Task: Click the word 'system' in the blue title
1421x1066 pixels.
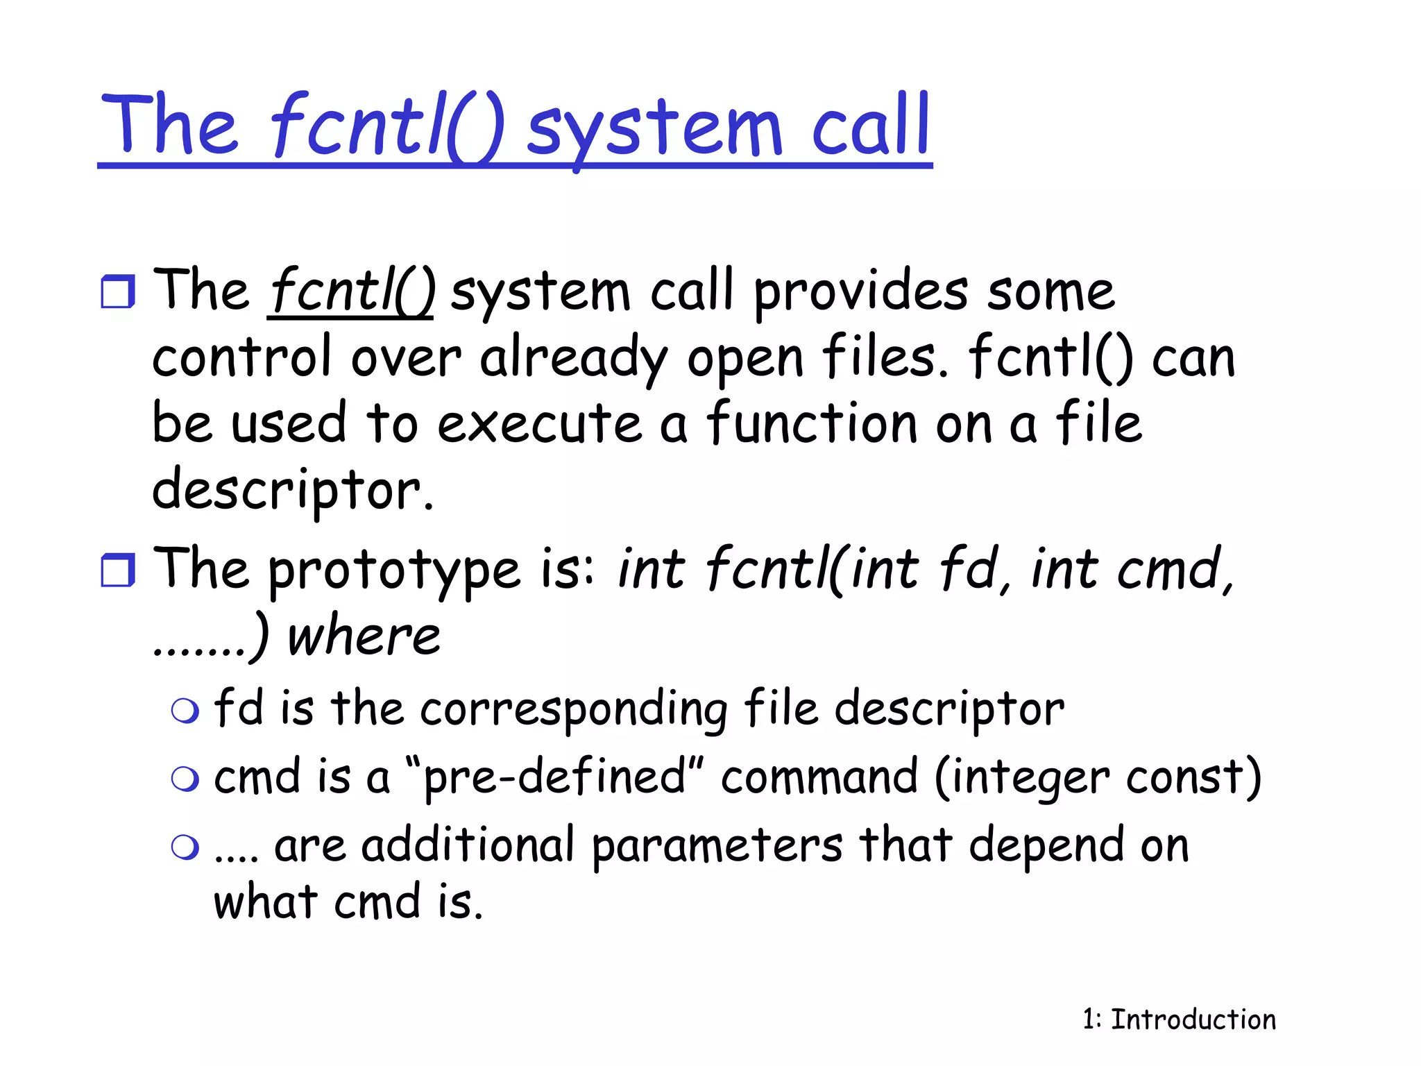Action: [654, 128]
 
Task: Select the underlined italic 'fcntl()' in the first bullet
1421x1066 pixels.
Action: [351, 291]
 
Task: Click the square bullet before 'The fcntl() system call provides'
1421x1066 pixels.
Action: [117, 291]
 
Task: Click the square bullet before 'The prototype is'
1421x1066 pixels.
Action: [117, 570]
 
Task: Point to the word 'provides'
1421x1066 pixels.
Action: [860, 291]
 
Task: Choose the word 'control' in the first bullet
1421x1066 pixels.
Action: [241, 357]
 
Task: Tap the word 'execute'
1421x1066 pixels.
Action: [539, 423]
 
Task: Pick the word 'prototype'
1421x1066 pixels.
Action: [393, 571]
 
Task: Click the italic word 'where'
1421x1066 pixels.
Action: [364, 636]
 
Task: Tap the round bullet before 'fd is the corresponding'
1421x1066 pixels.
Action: [185, 711]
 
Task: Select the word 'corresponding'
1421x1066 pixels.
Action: [574, 709]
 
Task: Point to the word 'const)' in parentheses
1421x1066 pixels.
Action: [1193, 777]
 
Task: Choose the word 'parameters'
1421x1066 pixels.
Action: [717, 845]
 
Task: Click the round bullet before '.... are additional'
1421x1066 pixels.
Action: [185, 847]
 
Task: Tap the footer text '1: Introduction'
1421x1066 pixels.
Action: [1179, 1020]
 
